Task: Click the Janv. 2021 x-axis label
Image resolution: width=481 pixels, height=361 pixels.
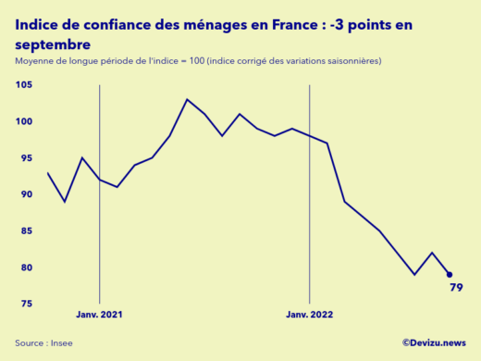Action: click(x=99, y=315)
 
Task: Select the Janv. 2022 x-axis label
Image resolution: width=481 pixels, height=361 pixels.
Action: click(x=309, y=315)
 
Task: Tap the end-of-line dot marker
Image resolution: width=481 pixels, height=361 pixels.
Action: click(x=450, y=274)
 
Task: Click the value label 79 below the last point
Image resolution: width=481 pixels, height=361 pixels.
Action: click(x=456, y=288)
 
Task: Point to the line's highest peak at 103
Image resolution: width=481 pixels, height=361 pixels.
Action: click(x=187, y=99)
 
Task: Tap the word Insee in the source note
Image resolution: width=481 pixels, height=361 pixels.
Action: click(x=61, y=342)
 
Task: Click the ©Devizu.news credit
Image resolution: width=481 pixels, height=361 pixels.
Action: click(x=433, y=342)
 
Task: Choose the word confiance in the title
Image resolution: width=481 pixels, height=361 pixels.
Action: click(x=112, y=25)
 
